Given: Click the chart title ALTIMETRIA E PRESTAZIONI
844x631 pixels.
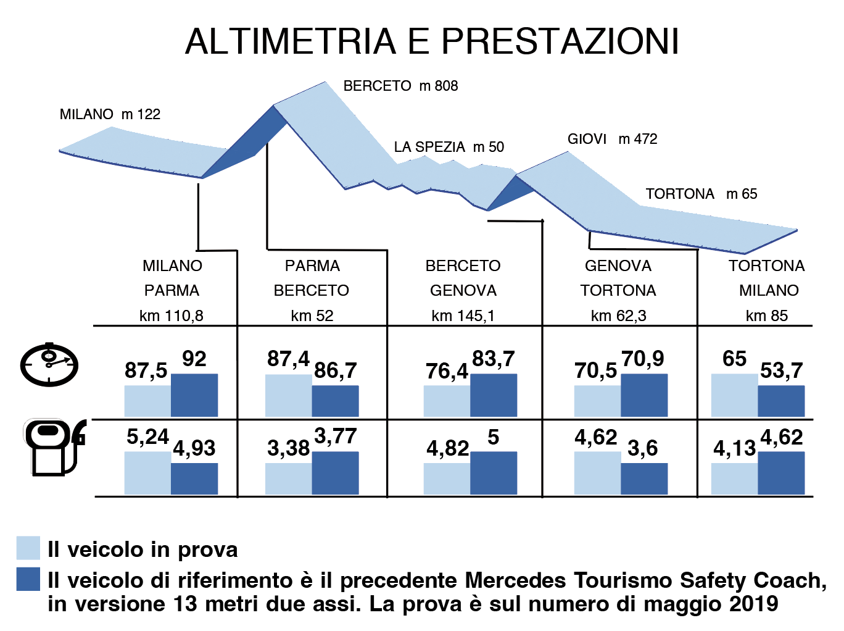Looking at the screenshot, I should point(432,41).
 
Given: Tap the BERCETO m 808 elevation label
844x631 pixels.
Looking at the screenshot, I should point(400,86).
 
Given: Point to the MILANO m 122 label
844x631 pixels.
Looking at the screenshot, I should point(110,114).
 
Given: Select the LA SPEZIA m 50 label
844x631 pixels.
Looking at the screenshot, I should point(449,147).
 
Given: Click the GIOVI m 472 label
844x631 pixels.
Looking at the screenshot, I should point(612,139).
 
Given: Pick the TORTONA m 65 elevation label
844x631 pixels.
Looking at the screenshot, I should point(701,194).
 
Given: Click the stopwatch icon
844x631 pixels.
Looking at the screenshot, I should point(49,365).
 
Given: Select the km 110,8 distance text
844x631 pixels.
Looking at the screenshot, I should point(171,316).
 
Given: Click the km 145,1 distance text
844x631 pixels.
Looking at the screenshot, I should point(463,316).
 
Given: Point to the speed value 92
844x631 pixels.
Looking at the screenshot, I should point(194,359).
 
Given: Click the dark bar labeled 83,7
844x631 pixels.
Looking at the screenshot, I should point(494,395).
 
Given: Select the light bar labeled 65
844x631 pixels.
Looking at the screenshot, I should point(734,395).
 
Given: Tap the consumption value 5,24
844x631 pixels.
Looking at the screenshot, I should point(147,437).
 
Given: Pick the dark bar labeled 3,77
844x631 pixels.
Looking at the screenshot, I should point(335,473).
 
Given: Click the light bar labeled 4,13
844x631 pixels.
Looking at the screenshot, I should point(734,478).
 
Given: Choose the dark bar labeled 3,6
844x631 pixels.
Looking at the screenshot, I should point(644,478).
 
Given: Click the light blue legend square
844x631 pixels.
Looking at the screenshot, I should point(28,548).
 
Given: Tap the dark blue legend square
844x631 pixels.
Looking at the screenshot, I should point(28,579).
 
